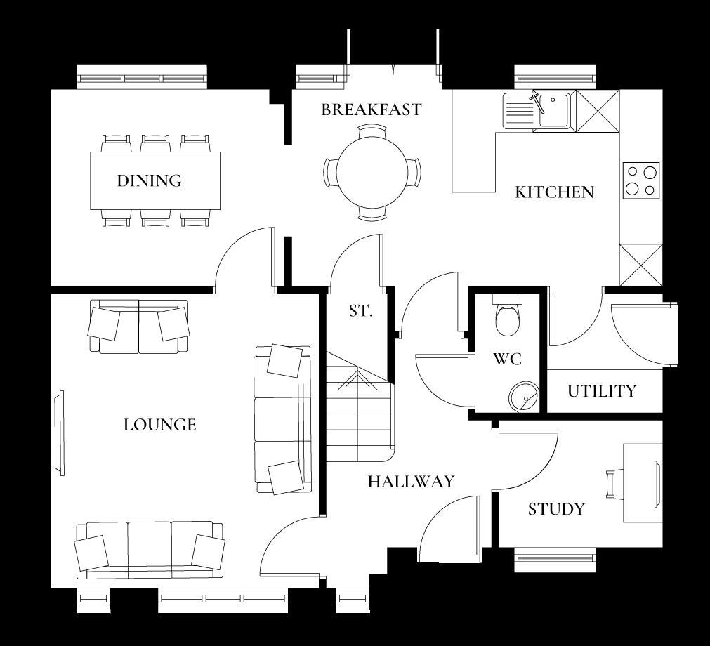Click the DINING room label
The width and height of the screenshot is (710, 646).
[x=149, y=181]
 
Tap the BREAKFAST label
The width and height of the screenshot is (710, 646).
[x=372, y=110]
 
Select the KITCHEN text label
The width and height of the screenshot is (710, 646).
[x=554, y=192]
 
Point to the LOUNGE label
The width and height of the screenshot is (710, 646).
[x=160, y=425]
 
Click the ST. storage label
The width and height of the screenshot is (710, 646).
[x=360, y=311]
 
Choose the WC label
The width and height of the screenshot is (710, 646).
[x=507, y=360]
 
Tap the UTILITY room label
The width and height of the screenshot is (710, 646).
[x=602, y=391]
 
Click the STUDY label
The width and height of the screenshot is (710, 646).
[x=556, y=509]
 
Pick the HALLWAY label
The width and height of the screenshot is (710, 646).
[x=411, y=482]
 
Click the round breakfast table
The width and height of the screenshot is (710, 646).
[x=372, y=172]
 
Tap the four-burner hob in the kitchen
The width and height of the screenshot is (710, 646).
[x=641, y=180]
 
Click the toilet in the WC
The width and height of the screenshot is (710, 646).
[x=507, y=314]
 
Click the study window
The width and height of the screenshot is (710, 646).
[x=554, y=560]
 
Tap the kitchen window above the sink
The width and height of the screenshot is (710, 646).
[x=555, y=77]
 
